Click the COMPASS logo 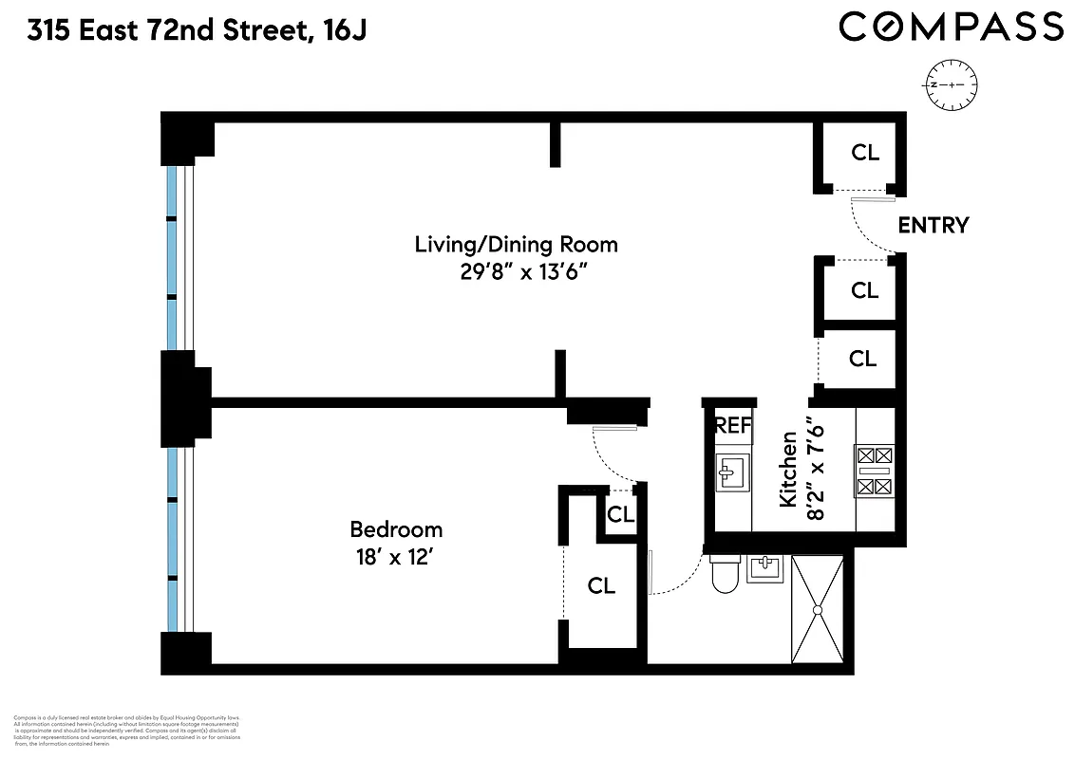pyautogui.click(x=951, y=26)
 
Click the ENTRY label pyautogui.click(x=933, y=226)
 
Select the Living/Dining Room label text pyautogui.click(x=516, y=245)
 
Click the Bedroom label pyautogui.click(x=396, y=529)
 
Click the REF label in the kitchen pyautogui.click(x=733, y=426)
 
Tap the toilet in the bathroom pyautogui.click(x=725, y=573)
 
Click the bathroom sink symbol pyautogui.click(x=765, y=567)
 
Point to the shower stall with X pyautogui.click(x=817, y=609)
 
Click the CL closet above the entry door pyautogui.click(x=865, y=153)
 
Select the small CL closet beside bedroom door pyautogui.click(x=620, y=515)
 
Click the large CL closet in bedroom pyautogui.click(x=601, y=586)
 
